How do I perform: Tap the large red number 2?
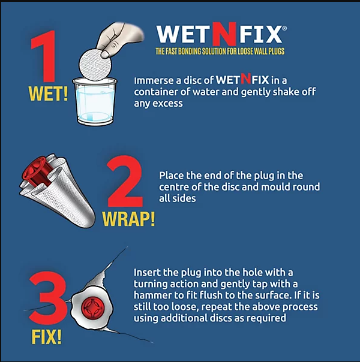coord(124,182)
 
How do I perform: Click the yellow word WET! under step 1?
coord(48,93)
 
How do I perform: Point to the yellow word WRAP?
coord(128,219)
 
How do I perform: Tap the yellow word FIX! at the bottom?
coord(47,337)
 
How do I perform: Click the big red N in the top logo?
coord(224,34)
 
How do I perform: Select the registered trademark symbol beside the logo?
coord(284,28)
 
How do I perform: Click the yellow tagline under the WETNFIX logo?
coord(220,51)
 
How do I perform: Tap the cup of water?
coord(95,101)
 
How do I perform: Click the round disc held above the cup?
coord(95,65)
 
